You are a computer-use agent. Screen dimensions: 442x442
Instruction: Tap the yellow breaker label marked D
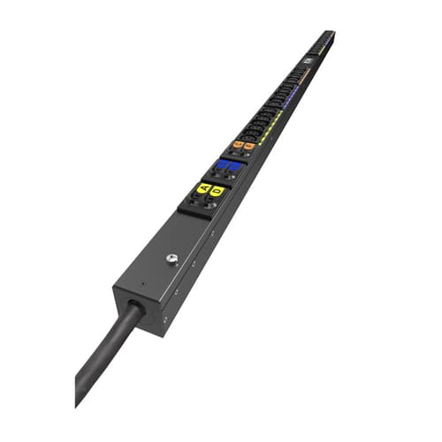[x=217, y=190]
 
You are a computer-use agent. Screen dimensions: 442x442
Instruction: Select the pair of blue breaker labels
[x=228, y=164]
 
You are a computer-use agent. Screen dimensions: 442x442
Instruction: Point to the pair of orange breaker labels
[x=243, y=145]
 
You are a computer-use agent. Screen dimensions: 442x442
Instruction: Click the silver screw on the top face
[x=171, y=259]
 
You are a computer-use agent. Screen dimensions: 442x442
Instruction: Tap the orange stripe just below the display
[x=305, y=72]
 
